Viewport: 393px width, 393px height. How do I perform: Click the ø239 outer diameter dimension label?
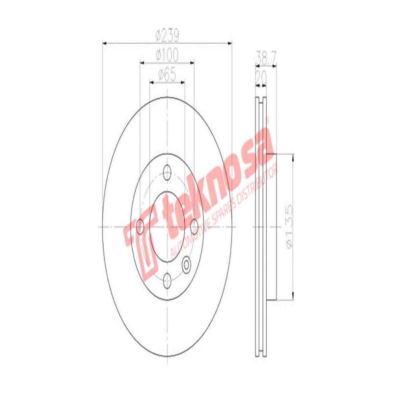[167, 36]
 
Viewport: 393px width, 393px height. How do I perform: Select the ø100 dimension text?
[167, 55]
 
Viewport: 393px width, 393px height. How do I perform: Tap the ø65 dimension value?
[167, 75]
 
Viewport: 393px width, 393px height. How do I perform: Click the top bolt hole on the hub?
[167, 173]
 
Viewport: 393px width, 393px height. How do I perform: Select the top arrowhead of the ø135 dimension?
[293, 157]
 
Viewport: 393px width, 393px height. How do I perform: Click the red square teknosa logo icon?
[141, 245]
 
